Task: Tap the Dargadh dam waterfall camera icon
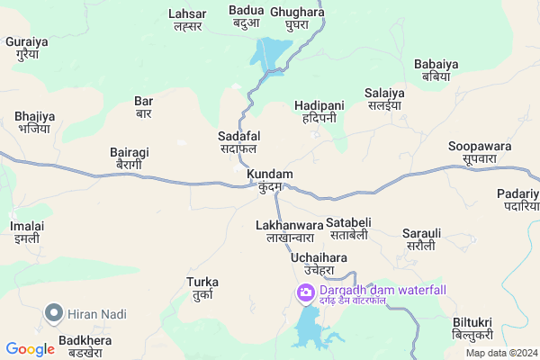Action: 306,292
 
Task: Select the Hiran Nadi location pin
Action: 54,314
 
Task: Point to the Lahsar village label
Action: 187,20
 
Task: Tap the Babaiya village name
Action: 437,70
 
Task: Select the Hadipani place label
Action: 319,112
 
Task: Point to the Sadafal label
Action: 238,142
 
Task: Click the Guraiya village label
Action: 25,49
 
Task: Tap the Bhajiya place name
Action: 35,122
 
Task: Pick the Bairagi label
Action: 129,158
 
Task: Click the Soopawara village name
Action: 480,153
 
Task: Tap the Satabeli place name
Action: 348,228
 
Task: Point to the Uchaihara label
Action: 319,264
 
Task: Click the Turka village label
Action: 202,288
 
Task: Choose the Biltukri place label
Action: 472,328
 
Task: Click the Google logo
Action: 30,348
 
